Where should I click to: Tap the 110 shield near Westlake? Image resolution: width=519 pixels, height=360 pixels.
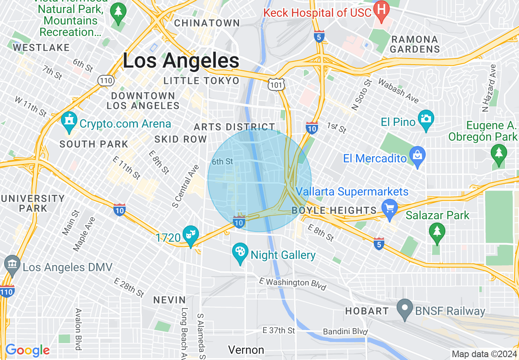106,81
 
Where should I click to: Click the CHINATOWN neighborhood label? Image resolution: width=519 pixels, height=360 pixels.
207,23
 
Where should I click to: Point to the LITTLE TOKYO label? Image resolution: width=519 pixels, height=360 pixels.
201,81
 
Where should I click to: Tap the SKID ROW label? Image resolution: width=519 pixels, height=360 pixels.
181,139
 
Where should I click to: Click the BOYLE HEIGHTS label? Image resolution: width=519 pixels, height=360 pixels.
334,211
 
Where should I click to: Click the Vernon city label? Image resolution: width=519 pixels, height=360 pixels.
246,350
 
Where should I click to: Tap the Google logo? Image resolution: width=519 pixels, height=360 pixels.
27,351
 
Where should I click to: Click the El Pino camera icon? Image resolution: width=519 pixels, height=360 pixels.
426,119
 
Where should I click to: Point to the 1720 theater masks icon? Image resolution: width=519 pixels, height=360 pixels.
191,235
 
